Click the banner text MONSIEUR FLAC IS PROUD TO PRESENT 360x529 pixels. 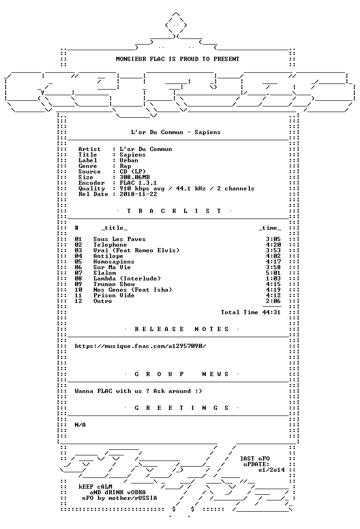point(178,59)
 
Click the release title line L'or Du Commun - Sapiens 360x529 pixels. point(176,132)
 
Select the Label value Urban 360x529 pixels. point(129,160)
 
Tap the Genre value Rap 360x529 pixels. point(125,166)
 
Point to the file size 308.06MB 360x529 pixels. point(135,177)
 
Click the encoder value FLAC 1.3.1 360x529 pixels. point(138,183)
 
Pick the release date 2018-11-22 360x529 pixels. point(138,194)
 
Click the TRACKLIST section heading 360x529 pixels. point(174,211)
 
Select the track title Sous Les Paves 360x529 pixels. point(120,239)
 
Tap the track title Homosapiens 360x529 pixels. point(113,262)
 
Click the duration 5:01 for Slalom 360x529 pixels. point(273,273)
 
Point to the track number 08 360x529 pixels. point(78,279)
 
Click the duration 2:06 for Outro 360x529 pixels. point(273,301)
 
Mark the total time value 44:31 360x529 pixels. point(271,312)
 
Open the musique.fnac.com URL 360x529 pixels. point(140,346)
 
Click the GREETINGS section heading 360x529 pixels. point(181,408)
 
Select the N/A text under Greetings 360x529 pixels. point(80,425)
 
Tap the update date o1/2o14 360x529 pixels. point(271,470)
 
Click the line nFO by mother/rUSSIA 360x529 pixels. point(120,498)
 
